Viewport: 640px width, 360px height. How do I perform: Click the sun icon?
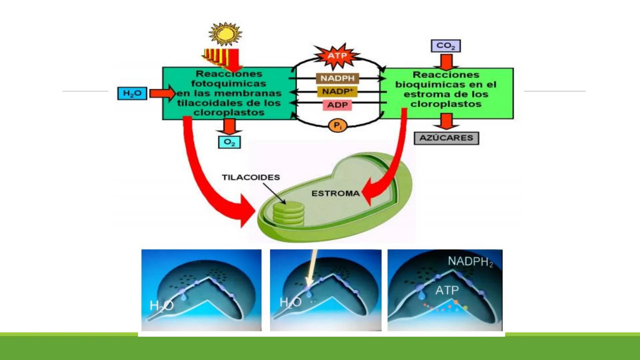[x=225, y=34]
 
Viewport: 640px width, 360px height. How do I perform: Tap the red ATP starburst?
[x=337, y=56]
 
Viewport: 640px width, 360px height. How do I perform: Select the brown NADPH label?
[x=337, y=78]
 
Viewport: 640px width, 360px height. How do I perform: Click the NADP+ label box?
[x=337, y=92]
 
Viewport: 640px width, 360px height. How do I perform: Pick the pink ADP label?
[x=337, y=105]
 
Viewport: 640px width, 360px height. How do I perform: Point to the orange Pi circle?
[x=338, y=126]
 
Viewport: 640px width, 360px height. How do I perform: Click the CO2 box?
[x=446, y=46]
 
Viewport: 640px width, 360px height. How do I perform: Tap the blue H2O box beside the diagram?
[x=132, y=93]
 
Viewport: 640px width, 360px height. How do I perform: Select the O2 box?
[x=229, y=142]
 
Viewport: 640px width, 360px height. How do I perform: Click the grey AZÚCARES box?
[x=446, y=138]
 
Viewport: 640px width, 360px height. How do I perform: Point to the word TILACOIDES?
[x=251, y=177]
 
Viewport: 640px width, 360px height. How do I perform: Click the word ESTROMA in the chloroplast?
[x=335, y=193]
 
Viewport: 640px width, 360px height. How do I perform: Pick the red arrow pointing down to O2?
[x=229, y=127]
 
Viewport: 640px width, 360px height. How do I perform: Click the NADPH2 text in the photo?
[x=470, y=262]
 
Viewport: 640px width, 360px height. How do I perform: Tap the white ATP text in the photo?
[x=447, y=290]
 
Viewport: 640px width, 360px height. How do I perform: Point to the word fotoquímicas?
[x=229, y=83]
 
